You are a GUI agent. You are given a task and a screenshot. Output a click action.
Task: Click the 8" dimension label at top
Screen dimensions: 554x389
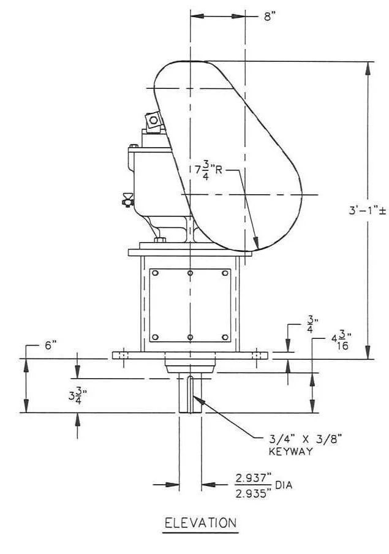coord(270,17)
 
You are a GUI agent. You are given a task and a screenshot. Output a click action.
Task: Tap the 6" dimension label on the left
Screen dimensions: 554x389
coord(50,346)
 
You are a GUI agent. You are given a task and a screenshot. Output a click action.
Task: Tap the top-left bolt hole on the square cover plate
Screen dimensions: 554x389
coord(156,273)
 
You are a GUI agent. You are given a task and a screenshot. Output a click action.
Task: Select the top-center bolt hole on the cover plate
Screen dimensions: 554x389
coord(191,273)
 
